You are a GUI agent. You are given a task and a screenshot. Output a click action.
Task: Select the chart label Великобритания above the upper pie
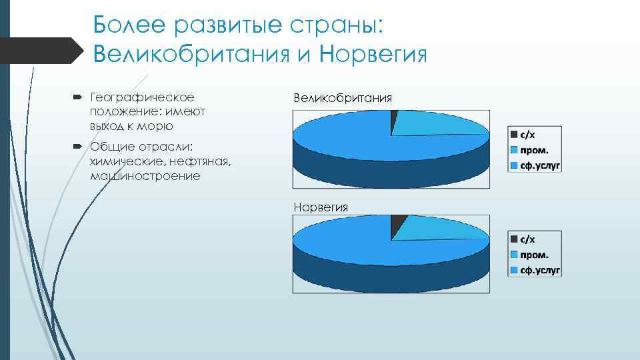pos(343,98)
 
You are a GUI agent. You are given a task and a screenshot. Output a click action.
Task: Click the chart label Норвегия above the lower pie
pos(321,207)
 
